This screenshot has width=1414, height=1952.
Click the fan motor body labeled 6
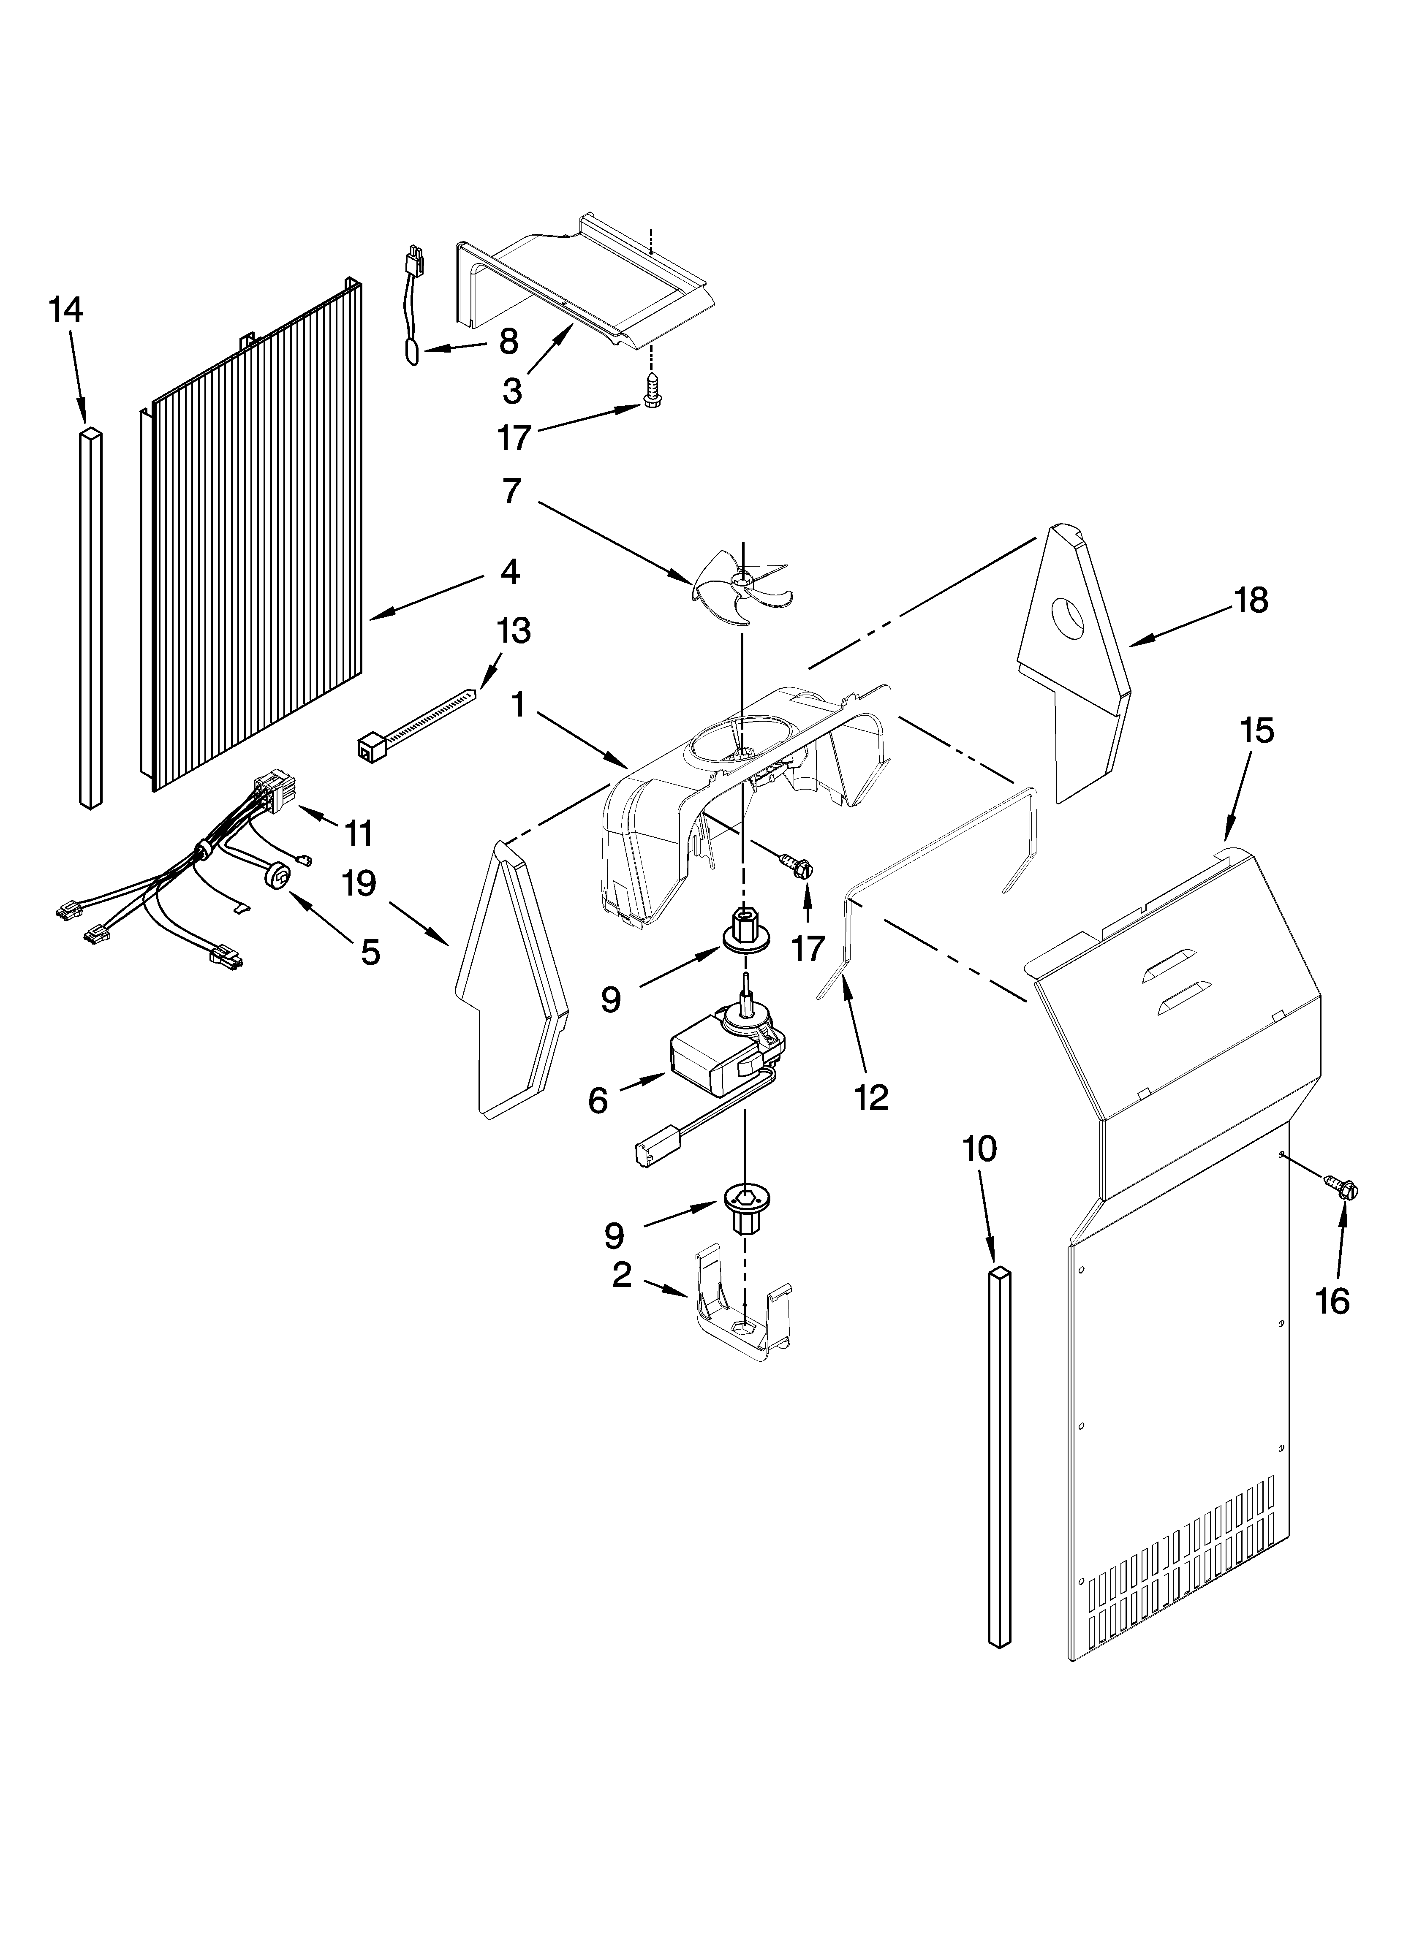[x=711, y=1059]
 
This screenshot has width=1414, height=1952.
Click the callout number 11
[x=358, y=832]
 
